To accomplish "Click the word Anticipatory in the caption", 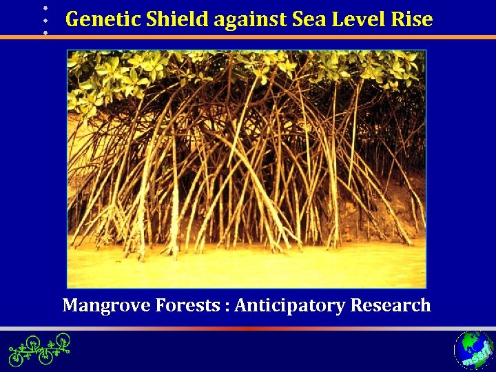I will (289, 304).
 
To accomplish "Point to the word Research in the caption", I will (391, 304).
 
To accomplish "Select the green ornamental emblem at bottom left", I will (39, 349).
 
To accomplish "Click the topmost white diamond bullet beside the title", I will (45, 8).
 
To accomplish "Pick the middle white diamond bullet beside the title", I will (45, 20).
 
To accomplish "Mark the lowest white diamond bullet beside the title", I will (45, 32).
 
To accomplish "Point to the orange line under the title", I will (276, 37).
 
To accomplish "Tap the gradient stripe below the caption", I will (248, 329).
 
